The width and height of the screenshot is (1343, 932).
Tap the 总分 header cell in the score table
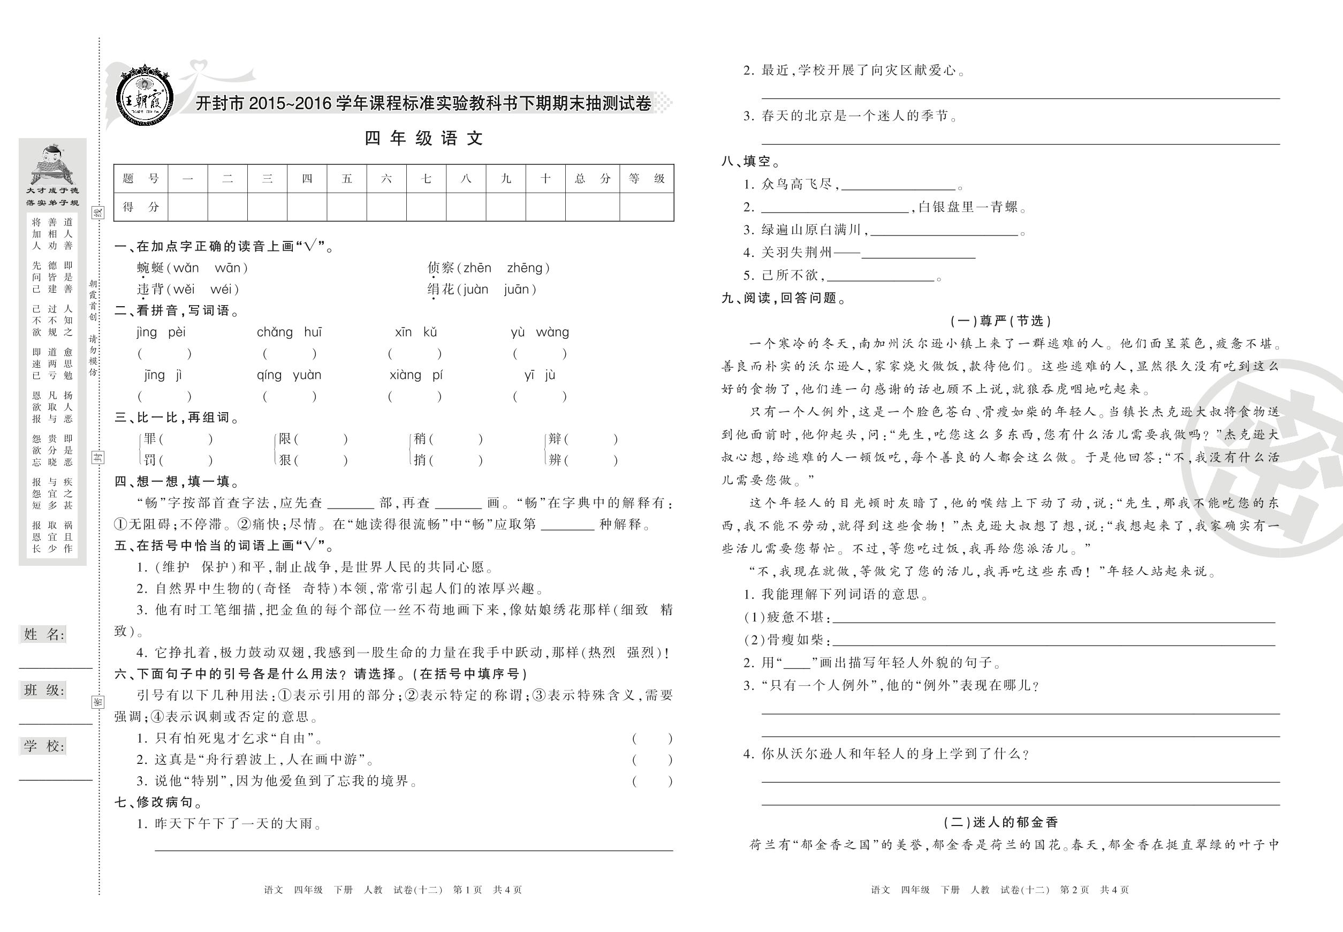click(x=592, y=179)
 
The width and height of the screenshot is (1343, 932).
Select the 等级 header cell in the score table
click(x=647, y=179)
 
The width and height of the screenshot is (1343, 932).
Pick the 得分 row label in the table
click(x=141, y=207)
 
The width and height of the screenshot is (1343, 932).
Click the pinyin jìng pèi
click(x=161, y=332)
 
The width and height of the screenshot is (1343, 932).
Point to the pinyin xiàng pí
click(x=416, y=375)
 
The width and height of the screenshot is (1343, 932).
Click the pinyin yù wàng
click(x=540, y=332)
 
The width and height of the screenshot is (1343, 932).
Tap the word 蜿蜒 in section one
click(x=150, y=268)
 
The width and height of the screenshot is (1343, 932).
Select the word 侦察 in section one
click(x=441, y=268)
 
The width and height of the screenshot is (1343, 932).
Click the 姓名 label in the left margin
click(x=44, y=634)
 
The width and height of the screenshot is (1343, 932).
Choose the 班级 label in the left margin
click(x=44, y=689)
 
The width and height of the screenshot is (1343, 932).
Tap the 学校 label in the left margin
click(x=44, y=746)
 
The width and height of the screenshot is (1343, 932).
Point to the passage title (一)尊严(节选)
click(x=1000, y=321)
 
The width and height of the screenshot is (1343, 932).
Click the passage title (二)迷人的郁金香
click(x=1000, y=822)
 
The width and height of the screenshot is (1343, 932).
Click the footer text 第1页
click(x=467, y=890)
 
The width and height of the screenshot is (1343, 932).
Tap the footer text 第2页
click(x=1074, y=890)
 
